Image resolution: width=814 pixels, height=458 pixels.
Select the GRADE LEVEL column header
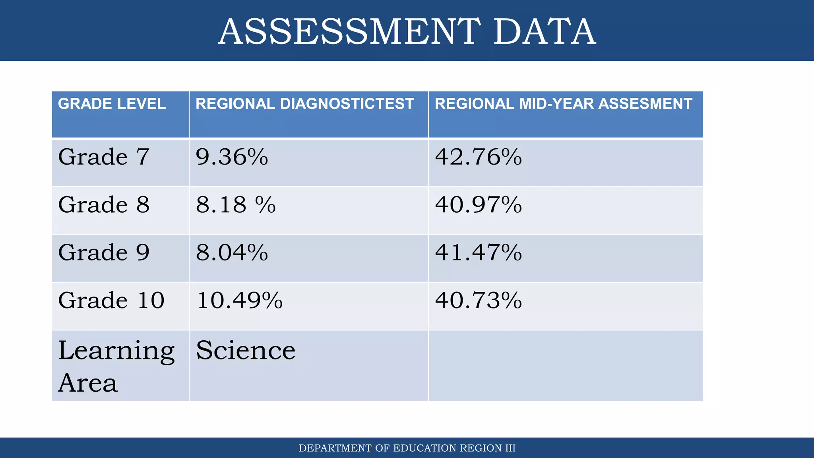(112, 104)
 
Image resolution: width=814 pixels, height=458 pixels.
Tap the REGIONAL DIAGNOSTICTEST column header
(304, 104)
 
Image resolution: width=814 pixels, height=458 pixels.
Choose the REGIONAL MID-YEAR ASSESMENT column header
(563, 104)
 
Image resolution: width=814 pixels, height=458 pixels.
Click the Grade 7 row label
(104, 157)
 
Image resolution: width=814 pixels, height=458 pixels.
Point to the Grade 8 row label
(104, 205)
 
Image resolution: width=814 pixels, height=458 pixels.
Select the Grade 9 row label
(104, 252)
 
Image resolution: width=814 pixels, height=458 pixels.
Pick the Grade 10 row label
(111, 300)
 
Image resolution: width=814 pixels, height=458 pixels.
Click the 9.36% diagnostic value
(232, 157)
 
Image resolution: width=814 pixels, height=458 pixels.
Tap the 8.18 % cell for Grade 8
(236, 205)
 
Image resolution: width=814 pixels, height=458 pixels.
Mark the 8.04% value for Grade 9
(232, 252)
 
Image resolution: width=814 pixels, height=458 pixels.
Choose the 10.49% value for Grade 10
(240, 300)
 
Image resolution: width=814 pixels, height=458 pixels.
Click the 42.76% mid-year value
(478, 157)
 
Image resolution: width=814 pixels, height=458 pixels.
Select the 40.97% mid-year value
(478, 205)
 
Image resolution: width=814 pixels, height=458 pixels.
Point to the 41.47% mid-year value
(478, 252)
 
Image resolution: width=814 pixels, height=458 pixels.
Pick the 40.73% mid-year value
(478, 300)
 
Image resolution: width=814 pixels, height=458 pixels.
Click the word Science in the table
(246, 350)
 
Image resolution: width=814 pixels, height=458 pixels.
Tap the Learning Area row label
(116, 366)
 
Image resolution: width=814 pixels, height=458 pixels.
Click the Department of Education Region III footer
(407, 448)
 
